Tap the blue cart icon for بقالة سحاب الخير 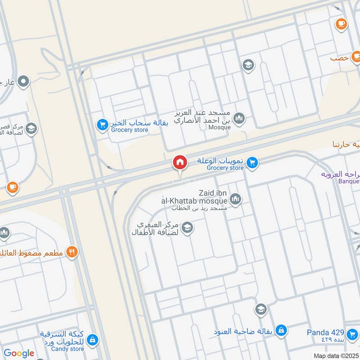[x=102, y=123]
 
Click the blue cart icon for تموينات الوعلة [x=252, y=162]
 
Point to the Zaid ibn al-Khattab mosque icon [x=235, y=198]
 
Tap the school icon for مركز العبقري [x=187, y=228]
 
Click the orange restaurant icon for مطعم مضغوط [x=72, y=252]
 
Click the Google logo [x=19, y=353]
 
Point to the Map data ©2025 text [x=336, y=355]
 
